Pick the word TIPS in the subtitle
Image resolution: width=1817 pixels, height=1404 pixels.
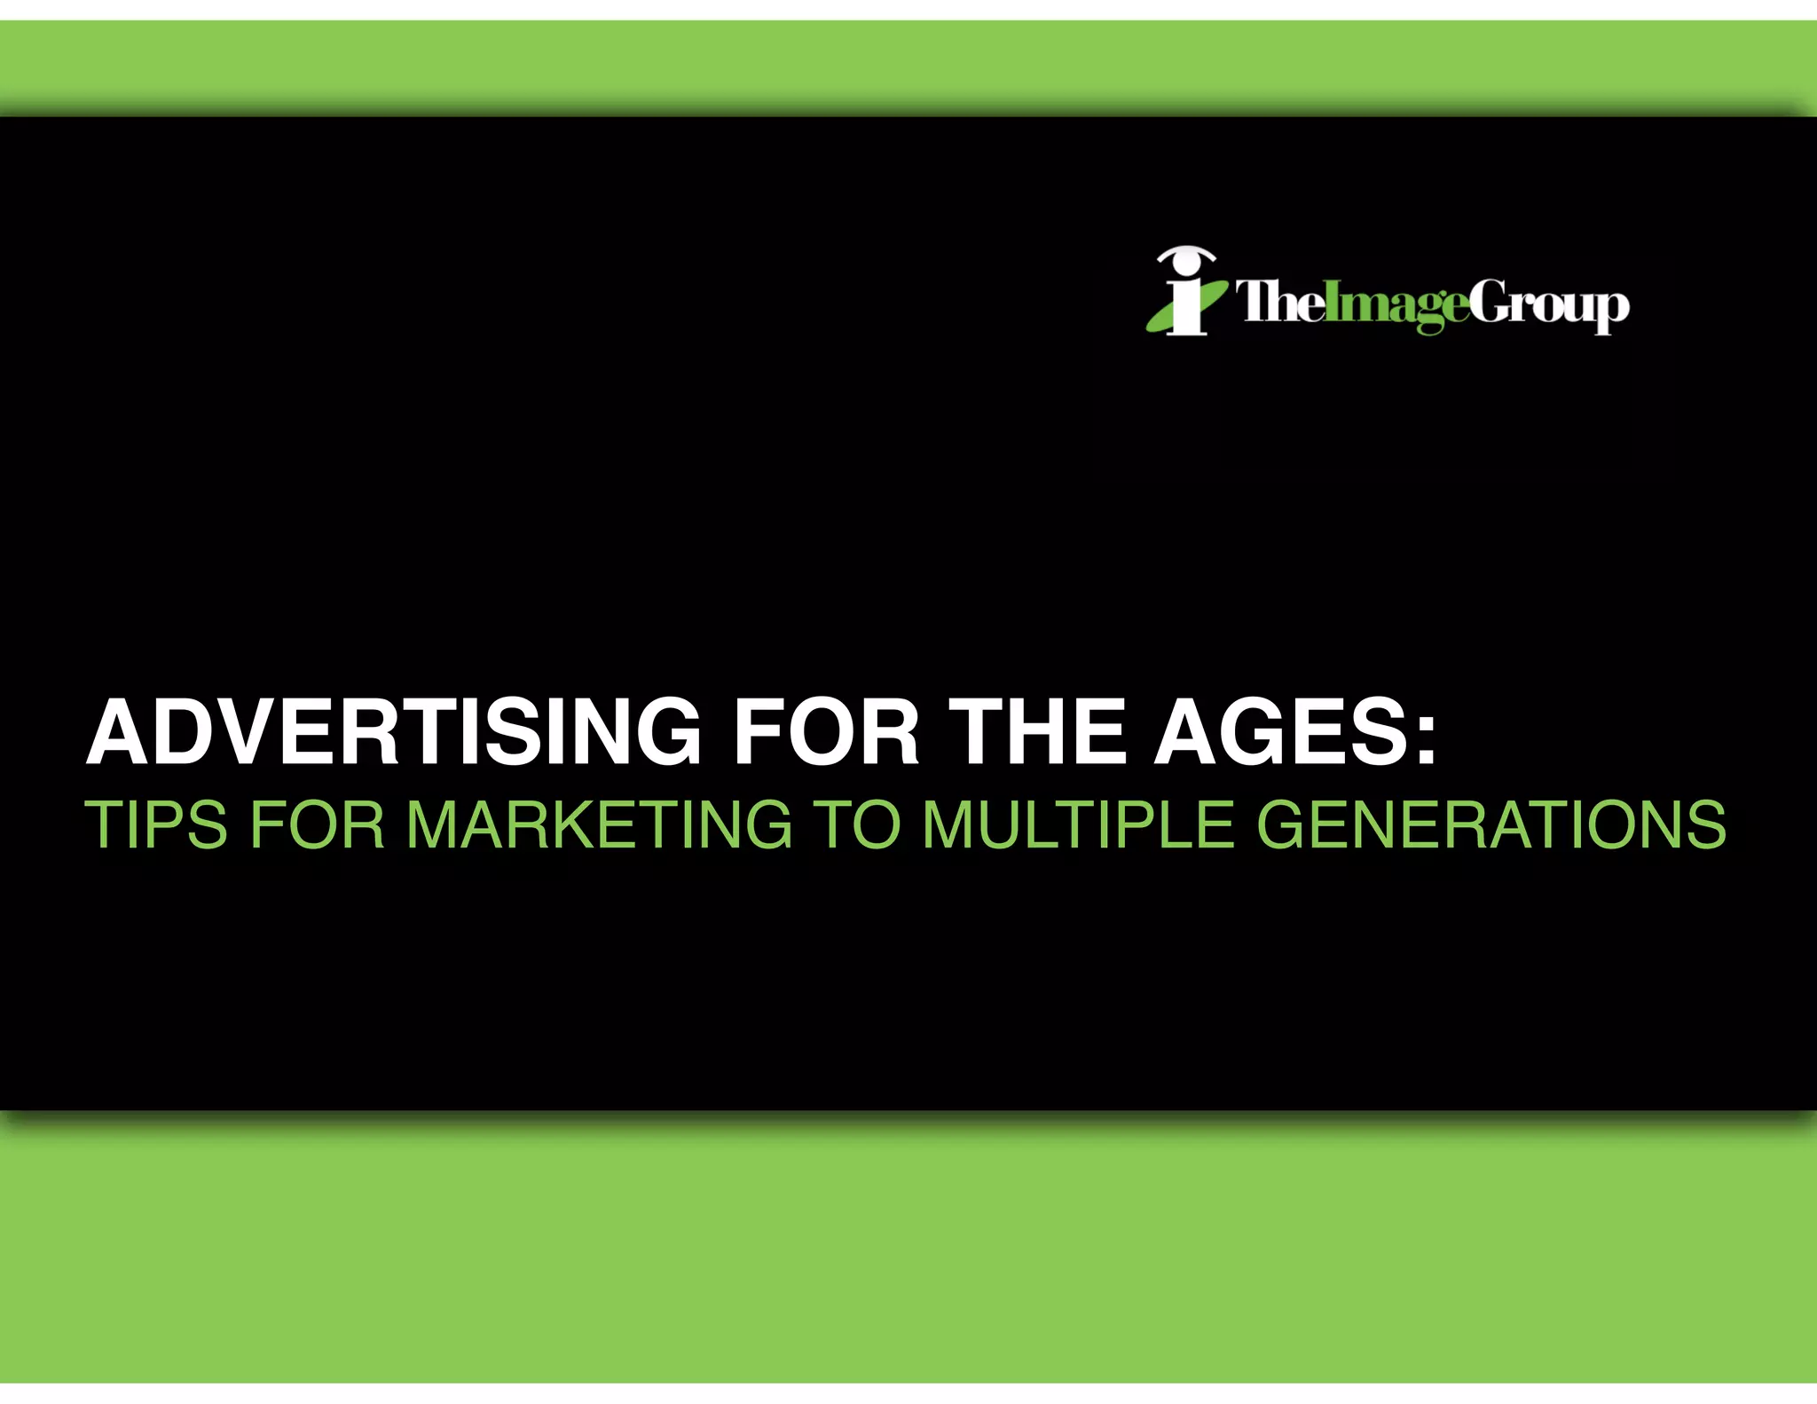[x=156, y=825]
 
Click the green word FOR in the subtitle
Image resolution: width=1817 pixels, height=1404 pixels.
[x=317, y=825]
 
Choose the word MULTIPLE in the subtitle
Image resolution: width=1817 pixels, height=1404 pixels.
[x=1077, y=825]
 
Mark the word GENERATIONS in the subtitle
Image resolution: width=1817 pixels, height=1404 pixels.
[x=1491, y=825]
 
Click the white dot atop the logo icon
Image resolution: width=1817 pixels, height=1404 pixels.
[x=1185, y=264]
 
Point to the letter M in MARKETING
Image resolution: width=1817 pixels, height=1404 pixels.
[x=441, y=825]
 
